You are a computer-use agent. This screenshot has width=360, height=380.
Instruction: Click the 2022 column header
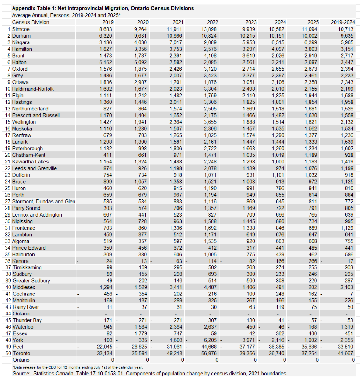tap(212, 22)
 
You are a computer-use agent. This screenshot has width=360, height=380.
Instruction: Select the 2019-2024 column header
tap(343, 22)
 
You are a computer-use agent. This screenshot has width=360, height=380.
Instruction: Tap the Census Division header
tap(31, 22)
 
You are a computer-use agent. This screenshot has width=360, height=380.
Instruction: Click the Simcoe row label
tap(21, 29)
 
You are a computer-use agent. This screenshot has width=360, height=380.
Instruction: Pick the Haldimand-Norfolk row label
tap(33, 89)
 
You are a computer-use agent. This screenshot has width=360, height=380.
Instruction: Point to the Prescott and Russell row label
tap(36, 115)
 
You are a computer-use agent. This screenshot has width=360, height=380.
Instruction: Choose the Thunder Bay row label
tap(27, 320)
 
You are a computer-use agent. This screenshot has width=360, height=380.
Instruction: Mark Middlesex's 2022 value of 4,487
tap(210, 287)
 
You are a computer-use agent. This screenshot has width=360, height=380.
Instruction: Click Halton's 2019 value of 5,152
tap(106, 62)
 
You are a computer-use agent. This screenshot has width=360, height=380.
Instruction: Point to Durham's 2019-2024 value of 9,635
tap(347, 36)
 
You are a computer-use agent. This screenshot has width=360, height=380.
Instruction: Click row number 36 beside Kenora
tap(8, 261)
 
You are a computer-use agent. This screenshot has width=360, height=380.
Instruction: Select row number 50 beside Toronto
tap(8, 353)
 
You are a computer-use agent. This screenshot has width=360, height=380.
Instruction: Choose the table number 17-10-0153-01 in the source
tap(104, 373)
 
